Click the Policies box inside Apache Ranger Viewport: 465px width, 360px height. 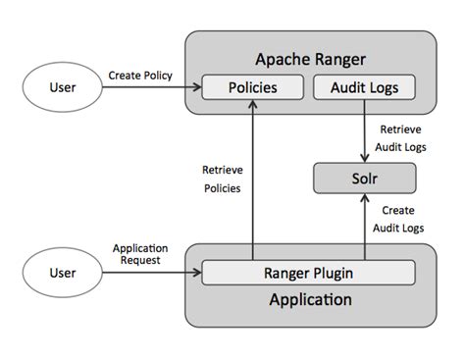coord(252,87)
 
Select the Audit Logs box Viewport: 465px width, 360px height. coord(364,87)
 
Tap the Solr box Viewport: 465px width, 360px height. coord(364,179)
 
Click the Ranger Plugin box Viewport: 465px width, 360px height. coord(309,273)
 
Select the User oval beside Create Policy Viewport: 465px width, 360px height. coord(63,88)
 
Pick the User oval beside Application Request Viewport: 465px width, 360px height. coord(63,274)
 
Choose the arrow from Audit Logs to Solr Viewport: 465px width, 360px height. coord(364,132)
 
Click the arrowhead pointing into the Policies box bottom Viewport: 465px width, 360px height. coord(252,106)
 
